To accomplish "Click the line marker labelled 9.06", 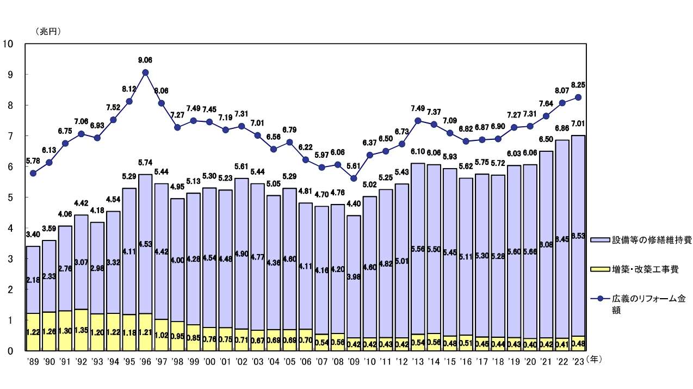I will (145, 72).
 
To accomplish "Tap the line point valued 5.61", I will (354, 178).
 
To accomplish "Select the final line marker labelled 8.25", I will (578, 97).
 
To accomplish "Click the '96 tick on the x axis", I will (145, 360).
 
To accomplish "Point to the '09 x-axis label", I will (354, 360).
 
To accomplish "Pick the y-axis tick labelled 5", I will (10, 197).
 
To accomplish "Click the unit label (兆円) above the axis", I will (48, 31).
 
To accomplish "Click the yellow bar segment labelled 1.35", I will (81, 330).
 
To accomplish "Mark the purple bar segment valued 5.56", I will (418, 249).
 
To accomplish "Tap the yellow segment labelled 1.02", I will (162, 335).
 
